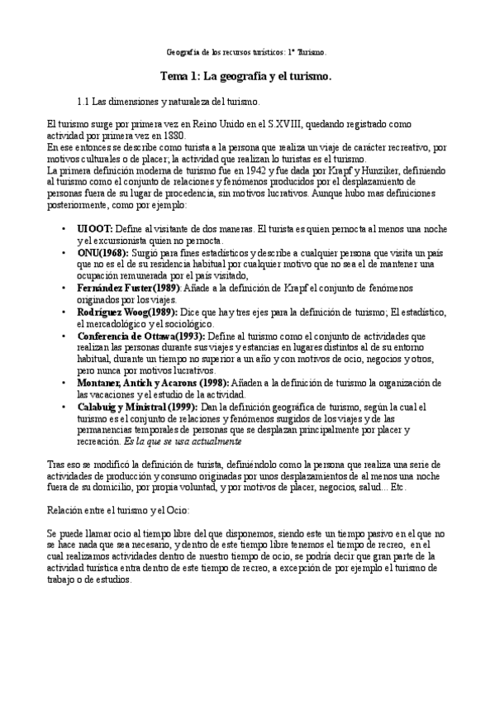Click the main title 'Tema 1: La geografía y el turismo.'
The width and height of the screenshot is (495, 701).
pos(246,77)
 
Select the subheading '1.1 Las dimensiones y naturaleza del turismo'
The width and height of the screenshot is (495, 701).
pos(168,103)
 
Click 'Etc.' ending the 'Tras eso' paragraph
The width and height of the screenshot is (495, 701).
pos(397,487)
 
